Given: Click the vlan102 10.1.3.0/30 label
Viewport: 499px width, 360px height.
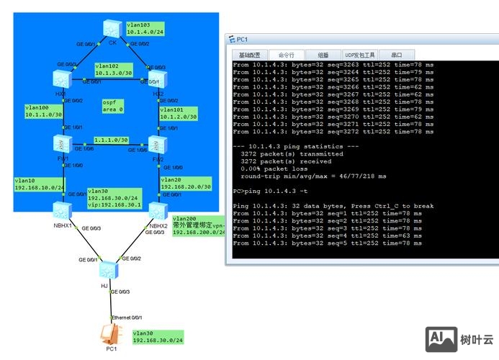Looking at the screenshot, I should [114, 69].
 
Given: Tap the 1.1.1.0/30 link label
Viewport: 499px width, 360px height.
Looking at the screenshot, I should [112, 140].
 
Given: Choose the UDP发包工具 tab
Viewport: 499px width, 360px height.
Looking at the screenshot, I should [359, 55].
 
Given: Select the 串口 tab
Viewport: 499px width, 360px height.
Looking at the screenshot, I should [397, 55].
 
